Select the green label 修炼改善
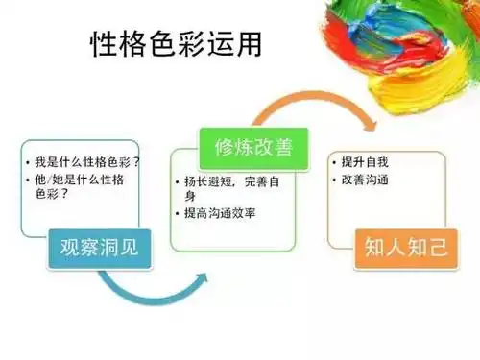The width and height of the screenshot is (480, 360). tap(246, 149)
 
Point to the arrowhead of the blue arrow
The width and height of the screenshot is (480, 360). tap(202, 278)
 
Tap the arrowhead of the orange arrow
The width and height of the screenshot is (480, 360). tap(370, 130)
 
